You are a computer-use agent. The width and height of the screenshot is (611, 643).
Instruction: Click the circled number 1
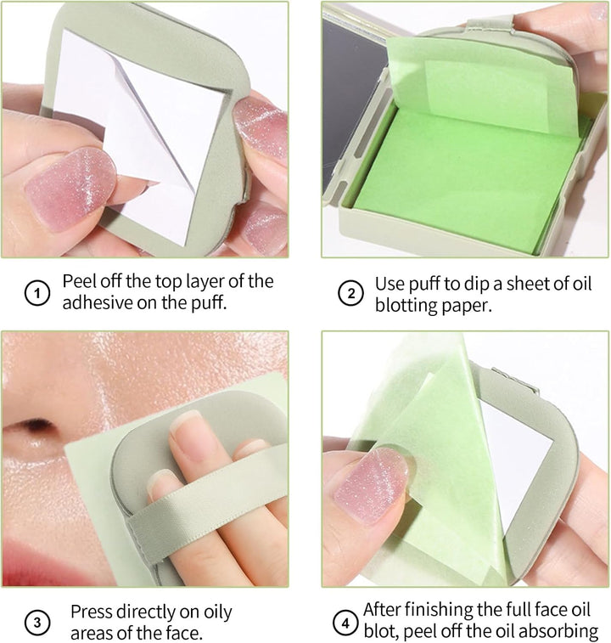[x=36, y=295]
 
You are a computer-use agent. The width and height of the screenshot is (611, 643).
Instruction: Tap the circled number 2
[x=350, y=295]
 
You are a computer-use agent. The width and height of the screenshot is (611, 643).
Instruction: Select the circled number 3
[x=36, y=623]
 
